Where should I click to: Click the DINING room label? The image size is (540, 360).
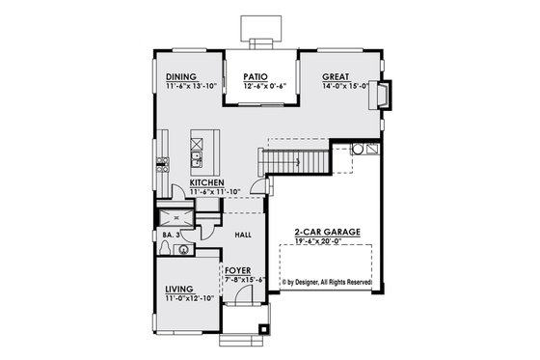pyautogui.click(x=181, y=76)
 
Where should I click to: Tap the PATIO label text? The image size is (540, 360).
pyautogui.click(x=255, y=76)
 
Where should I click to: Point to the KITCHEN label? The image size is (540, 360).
pyautogui.click(x=207, y=182)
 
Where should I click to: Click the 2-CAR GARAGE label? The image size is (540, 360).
pyautogui.click(x=323, y=233)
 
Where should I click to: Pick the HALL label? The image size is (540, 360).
pyautogui.click(x=245, y=235)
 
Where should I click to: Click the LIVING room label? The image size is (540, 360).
pyautogui.click(x=178, y=289)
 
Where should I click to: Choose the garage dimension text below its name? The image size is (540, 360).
pyautogui.click(x=324, y=242)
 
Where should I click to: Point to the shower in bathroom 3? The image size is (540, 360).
pyautogui.click(x=176, y=215)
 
